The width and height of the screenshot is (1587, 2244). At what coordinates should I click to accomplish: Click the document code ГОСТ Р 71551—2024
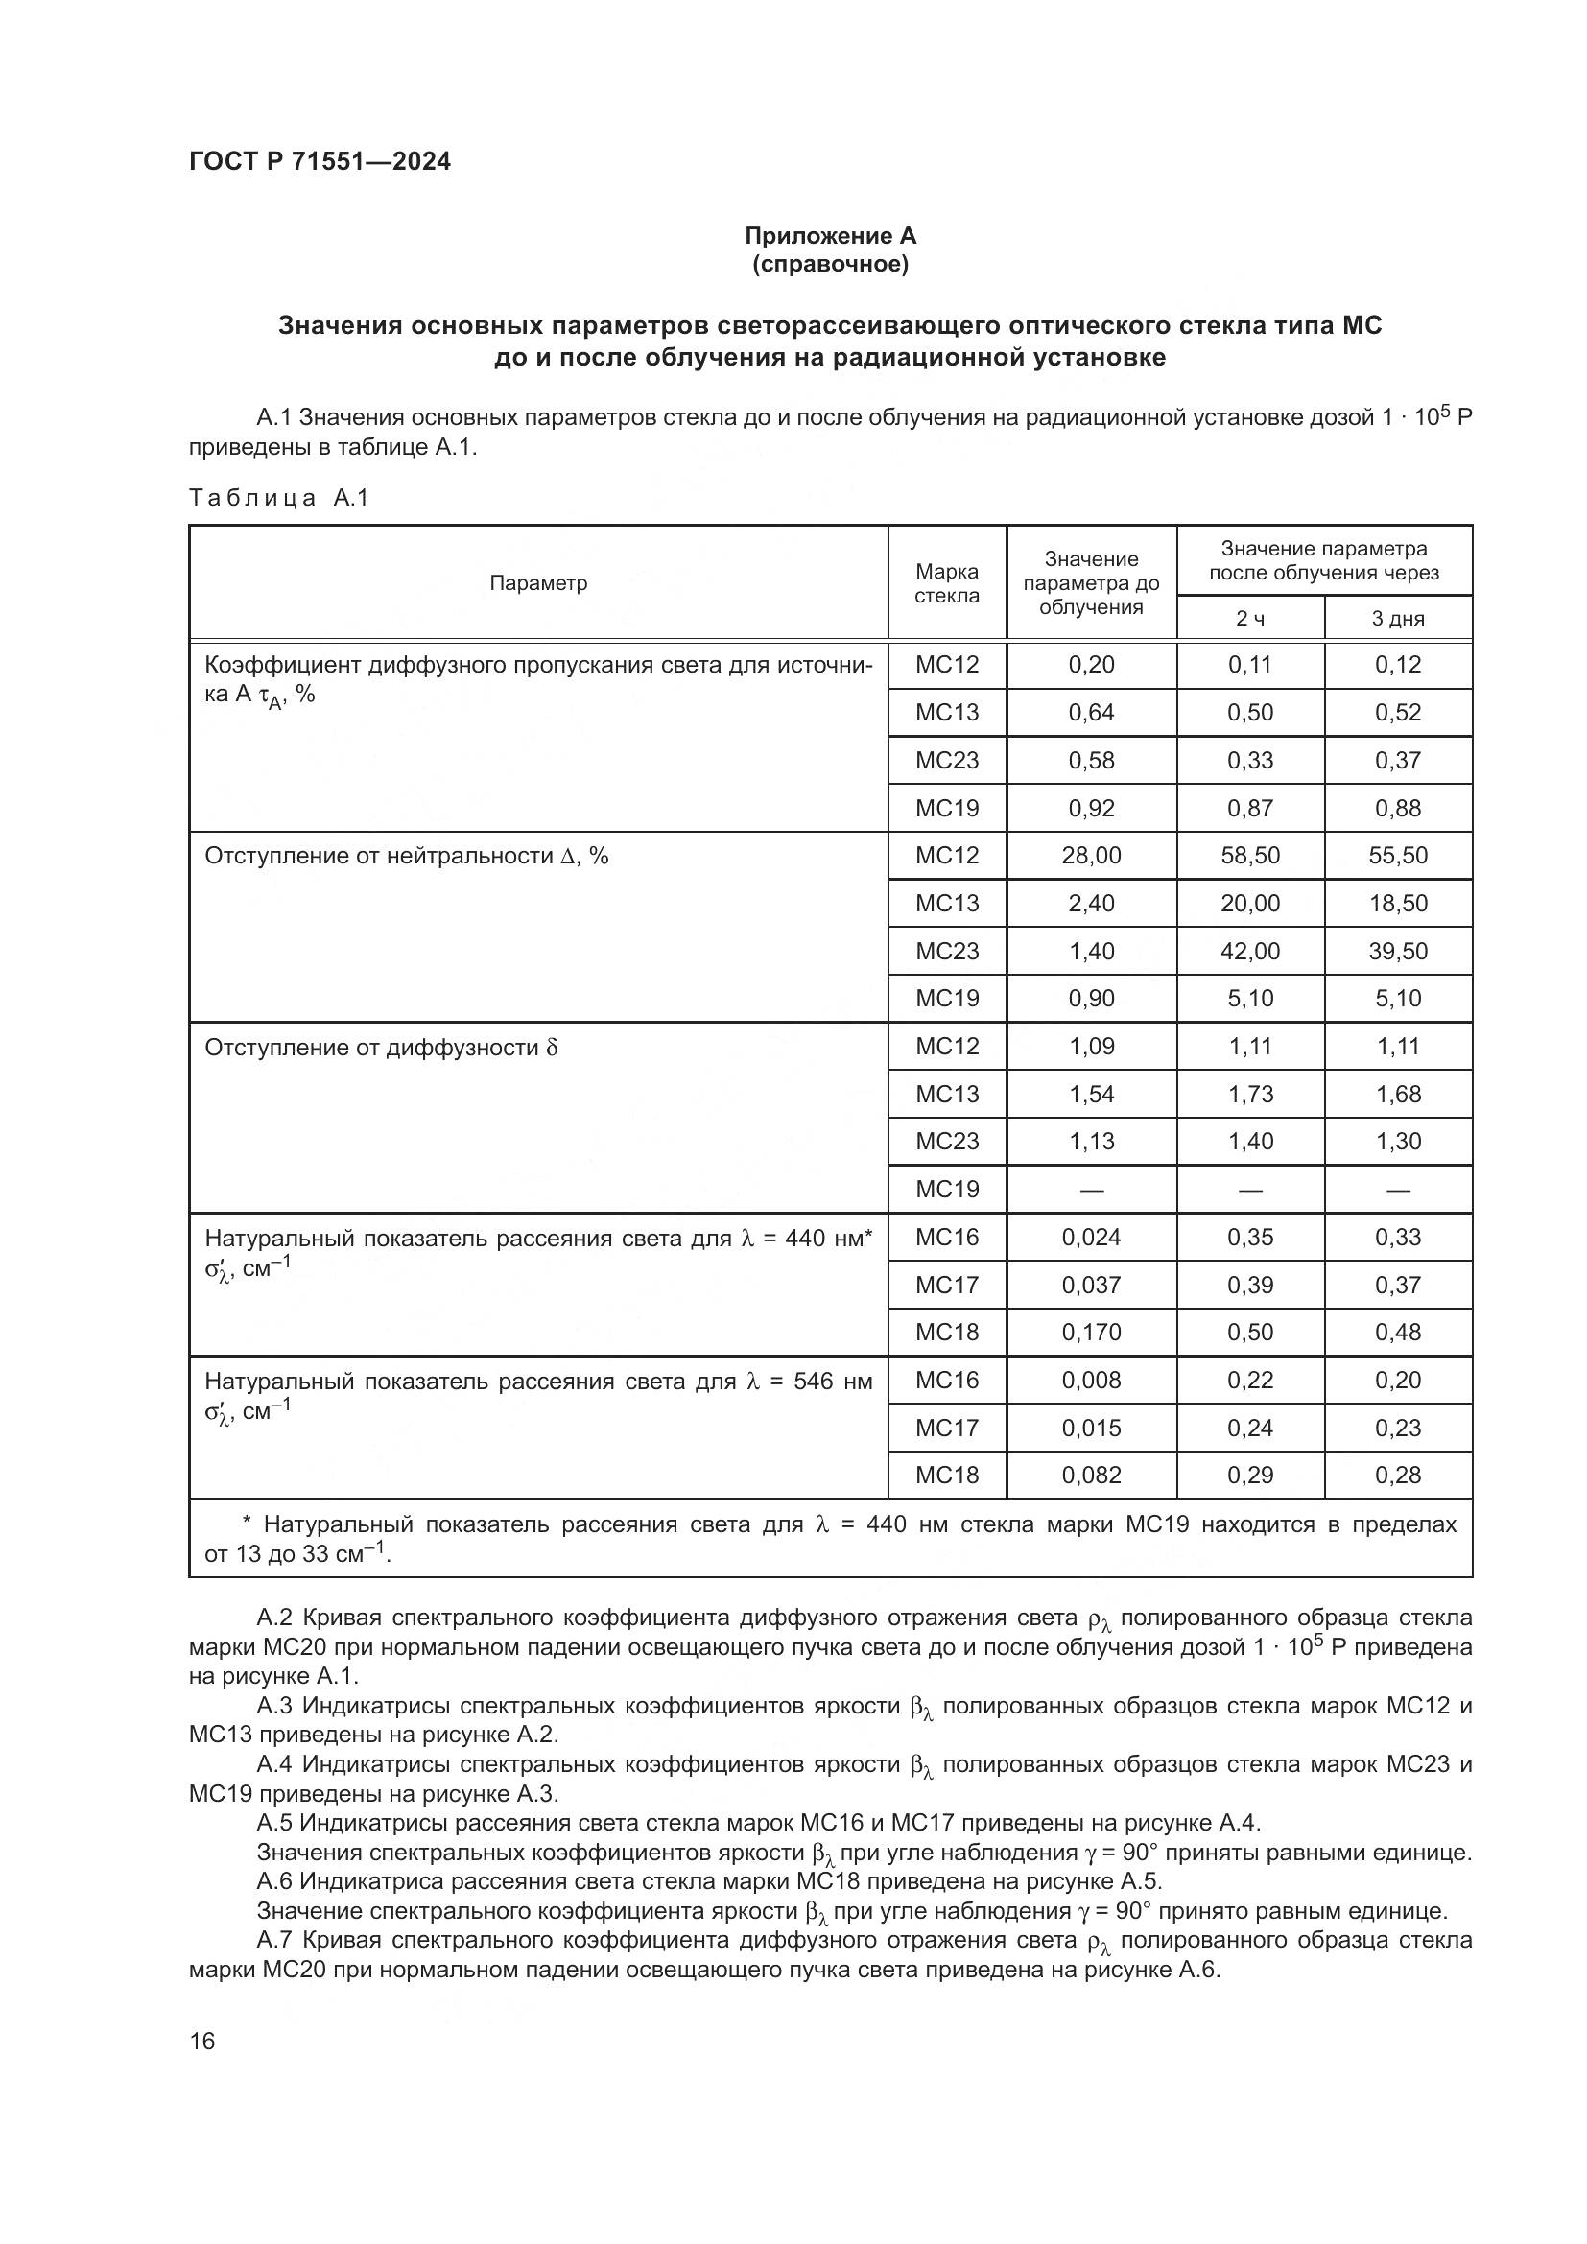[x=320, y=162]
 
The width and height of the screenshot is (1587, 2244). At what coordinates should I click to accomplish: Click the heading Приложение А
[x=830, y=236]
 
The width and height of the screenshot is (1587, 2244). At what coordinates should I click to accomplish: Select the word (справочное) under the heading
[x=830, y=265]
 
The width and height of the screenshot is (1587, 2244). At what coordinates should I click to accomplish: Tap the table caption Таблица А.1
[x=278, y=498]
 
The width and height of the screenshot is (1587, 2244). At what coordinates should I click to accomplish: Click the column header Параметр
[x=538, y=583]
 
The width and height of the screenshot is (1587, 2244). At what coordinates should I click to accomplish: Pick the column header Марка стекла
[x=946, y=583]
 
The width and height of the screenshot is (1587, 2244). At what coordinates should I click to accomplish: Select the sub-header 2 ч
[x=1250, y=619]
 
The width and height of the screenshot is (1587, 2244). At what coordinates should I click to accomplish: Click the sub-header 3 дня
[x=1397, y=619]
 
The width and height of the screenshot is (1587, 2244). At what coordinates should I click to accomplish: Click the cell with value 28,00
[x=1091, y=856]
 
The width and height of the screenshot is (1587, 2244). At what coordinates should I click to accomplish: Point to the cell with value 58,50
[x=1250, y=856]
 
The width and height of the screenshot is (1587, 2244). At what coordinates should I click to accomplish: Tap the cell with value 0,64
[x=1091, y=713]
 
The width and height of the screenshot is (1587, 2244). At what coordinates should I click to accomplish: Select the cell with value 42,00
[x=1250, y=951]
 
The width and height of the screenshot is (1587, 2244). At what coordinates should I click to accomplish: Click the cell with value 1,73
[x=1250, y=1095]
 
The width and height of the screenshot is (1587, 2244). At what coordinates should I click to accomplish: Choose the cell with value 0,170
[x=1091, y=1333]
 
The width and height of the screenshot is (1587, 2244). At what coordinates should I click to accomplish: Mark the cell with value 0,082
[x=1091, y=1475]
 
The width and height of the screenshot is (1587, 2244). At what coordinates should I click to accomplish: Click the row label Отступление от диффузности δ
[x=381, y=1048]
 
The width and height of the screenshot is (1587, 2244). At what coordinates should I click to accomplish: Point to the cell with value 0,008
[x=1091, y=1380]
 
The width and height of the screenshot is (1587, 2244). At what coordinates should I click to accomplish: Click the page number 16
[x=202, y=2041]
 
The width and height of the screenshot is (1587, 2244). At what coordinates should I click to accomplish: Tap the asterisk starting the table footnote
[x=247, y=1524]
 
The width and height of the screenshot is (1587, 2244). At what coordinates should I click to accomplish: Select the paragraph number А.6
[x=274, y=1881]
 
